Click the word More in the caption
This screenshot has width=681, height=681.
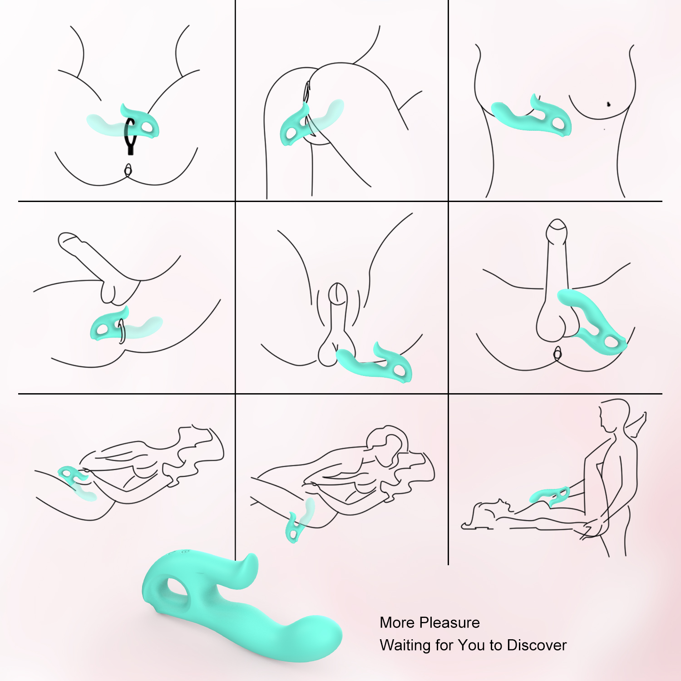(397, 622)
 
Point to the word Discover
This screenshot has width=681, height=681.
(537, 645)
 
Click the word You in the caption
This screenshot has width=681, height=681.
(471, 645)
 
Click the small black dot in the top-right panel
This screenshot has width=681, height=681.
(608, 104)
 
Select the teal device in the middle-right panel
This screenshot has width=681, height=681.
(590, 320)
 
